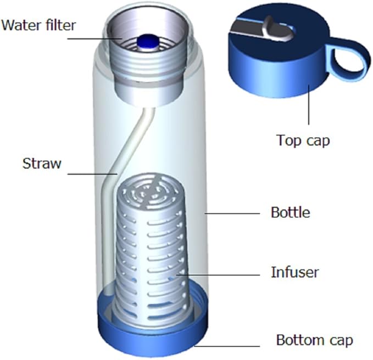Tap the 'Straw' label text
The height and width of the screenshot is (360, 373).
click(42, 163)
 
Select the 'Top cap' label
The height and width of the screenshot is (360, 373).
click(303, 140)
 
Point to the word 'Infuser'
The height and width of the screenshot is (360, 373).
click(295, 271)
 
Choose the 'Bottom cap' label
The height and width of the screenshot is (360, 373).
click(314, 340)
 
